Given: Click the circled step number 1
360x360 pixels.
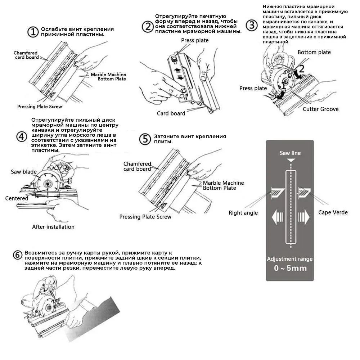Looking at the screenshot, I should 33,32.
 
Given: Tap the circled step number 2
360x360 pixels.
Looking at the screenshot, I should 148,27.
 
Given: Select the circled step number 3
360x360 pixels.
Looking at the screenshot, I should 252,25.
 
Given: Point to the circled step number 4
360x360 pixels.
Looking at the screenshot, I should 22,136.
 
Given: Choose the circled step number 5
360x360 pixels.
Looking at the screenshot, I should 145,139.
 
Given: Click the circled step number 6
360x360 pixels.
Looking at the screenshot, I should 17,255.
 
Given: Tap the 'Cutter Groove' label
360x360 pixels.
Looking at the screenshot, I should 320,109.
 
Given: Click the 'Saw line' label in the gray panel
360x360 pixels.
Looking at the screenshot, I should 290,153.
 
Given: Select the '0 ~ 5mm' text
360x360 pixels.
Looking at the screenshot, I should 290,268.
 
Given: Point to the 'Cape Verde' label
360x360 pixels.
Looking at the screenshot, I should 333,212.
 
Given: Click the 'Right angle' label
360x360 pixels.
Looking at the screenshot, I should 243,213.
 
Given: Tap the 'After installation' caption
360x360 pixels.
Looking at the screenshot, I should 53,227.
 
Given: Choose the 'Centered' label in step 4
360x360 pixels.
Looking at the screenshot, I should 17,198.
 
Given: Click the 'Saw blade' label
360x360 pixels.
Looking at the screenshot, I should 24,172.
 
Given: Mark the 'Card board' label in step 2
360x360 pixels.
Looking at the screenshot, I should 171,113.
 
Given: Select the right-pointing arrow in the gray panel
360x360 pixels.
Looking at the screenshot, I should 303,217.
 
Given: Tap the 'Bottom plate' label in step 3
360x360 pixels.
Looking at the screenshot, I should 314,52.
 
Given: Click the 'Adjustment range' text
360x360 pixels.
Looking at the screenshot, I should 290,259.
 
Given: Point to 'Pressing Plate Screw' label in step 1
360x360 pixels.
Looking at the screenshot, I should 40,107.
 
